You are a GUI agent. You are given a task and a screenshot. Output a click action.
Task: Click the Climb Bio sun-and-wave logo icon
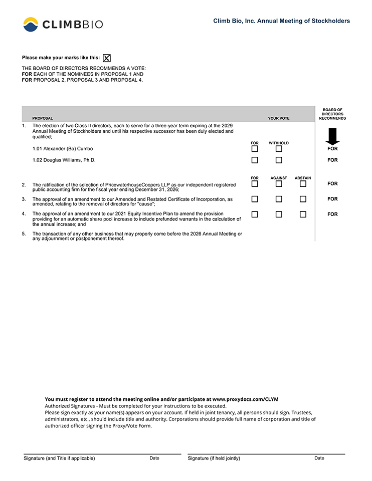pyautogui.click(x=31, y=24)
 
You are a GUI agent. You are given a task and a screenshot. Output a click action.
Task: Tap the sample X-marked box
pyautogui.click(x=107, y=58)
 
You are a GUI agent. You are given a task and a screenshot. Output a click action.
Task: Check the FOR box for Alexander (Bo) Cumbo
pyautogui.click(x=255, y=149)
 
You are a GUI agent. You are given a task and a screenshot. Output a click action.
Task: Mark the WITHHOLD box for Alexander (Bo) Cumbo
pyautogui.click(x=279, y=149)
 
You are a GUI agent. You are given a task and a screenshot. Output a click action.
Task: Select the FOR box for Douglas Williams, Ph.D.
pyautogui.click(x=255, y=160)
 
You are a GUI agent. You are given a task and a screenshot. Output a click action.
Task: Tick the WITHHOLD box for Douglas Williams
pyautogui.click(x=279, y=160)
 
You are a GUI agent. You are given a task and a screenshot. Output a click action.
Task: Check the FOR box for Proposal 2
pyautogui.click(x=255, y=184)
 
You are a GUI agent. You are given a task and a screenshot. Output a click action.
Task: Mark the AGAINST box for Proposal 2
pyautogui.click(x=279, y=184)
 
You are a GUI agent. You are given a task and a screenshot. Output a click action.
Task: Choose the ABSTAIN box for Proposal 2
pyautogui.click(x=303, y=184)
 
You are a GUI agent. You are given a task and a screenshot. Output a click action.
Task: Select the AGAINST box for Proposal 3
pyautogui.click(x=279, y=199)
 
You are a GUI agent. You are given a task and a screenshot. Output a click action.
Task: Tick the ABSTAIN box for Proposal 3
pyautogui.click(x=303, y=199)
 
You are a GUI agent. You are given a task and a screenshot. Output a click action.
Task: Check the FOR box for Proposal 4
pyautogui.click(x=255, y=214)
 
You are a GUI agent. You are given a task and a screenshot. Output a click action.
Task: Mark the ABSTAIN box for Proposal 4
pyautogui.click(x=303, y=214)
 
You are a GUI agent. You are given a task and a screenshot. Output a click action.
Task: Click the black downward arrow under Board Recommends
pyautogui.click(x=332, y=136)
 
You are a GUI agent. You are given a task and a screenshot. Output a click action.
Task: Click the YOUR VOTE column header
pyautogui.click(x=279, y=118)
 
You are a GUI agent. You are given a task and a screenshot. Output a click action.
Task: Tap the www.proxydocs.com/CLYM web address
pyautogui.click(x=246, y=399)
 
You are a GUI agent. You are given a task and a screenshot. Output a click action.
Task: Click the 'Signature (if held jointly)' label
pyautogui.click(x=214, y=458)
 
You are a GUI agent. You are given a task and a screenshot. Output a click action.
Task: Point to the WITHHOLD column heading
pyautogui.click(x=279, y=143)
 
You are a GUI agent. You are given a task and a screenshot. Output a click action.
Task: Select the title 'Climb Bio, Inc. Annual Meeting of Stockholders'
pyautogui.click(x=281, y=21)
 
